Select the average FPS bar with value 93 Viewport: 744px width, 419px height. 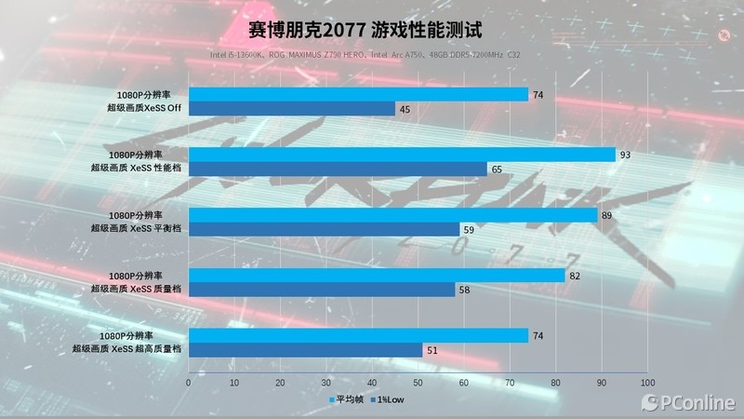[402, 155]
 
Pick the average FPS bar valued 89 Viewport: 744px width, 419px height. [392, 215]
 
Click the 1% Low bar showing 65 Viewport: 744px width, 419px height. [338, 169]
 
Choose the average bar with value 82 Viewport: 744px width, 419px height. [377, 276]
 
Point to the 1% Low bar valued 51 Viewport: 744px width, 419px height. [306, 350]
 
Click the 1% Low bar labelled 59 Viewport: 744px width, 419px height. [324, 229]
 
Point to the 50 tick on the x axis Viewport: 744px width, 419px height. [418, 382]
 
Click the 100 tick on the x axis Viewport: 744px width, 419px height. [647, 382]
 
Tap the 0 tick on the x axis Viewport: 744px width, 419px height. [189, 382]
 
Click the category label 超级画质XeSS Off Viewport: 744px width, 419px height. [143, 109]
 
